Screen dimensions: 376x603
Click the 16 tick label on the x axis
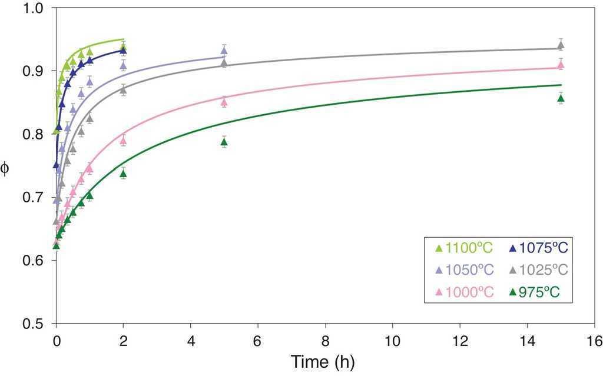(594, 341)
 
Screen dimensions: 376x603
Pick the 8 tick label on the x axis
(325, 341)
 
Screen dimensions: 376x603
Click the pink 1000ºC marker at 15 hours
(561, 65)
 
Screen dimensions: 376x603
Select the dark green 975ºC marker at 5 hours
(224, 142)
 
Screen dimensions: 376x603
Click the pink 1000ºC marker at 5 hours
(224, 102)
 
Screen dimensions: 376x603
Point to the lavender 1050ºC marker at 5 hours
(224, 51)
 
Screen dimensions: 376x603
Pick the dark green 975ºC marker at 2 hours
(123, 173)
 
